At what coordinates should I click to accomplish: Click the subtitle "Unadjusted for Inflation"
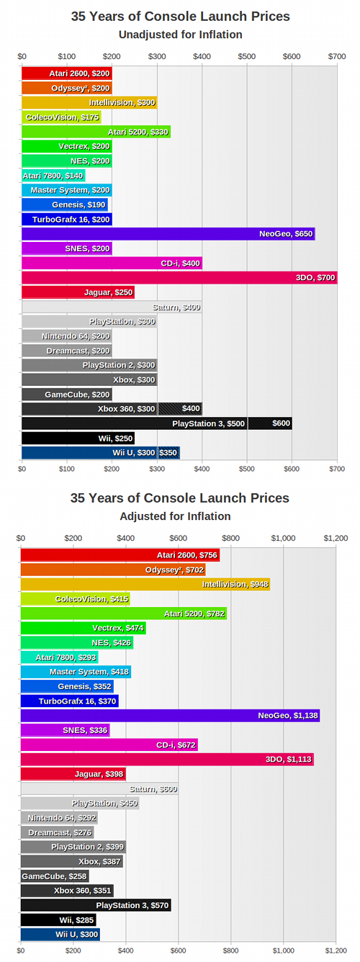point(180,34)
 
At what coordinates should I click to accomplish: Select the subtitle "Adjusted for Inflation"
point(180,516)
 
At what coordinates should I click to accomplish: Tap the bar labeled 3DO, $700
point(179,277)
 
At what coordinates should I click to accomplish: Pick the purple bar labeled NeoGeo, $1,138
point(170,715)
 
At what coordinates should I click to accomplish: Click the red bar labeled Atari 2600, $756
point(120,555)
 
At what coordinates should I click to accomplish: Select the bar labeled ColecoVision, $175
point(61,117)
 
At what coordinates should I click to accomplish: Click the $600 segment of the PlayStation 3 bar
point(270,423)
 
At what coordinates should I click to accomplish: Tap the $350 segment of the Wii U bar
point(168,452)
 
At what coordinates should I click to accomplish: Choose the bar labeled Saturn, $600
point(99,789)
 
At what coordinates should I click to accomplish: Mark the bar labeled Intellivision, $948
point(145,584)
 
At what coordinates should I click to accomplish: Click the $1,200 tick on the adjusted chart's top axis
point(336,537)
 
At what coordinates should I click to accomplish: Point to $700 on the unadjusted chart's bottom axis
point(336,468)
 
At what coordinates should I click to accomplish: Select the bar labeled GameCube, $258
point(55,876)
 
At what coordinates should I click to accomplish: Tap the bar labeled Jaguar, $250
point(78,292)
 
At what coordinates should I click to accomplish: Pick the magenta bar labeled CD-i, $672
point(109,745)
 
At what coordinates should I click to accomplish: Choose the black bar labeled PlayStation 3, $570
point(96,905)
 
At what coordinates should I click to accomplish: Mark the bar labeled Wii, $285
point(58,920)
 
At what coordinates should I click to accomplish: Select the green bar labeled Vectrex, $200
point(67,146)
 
